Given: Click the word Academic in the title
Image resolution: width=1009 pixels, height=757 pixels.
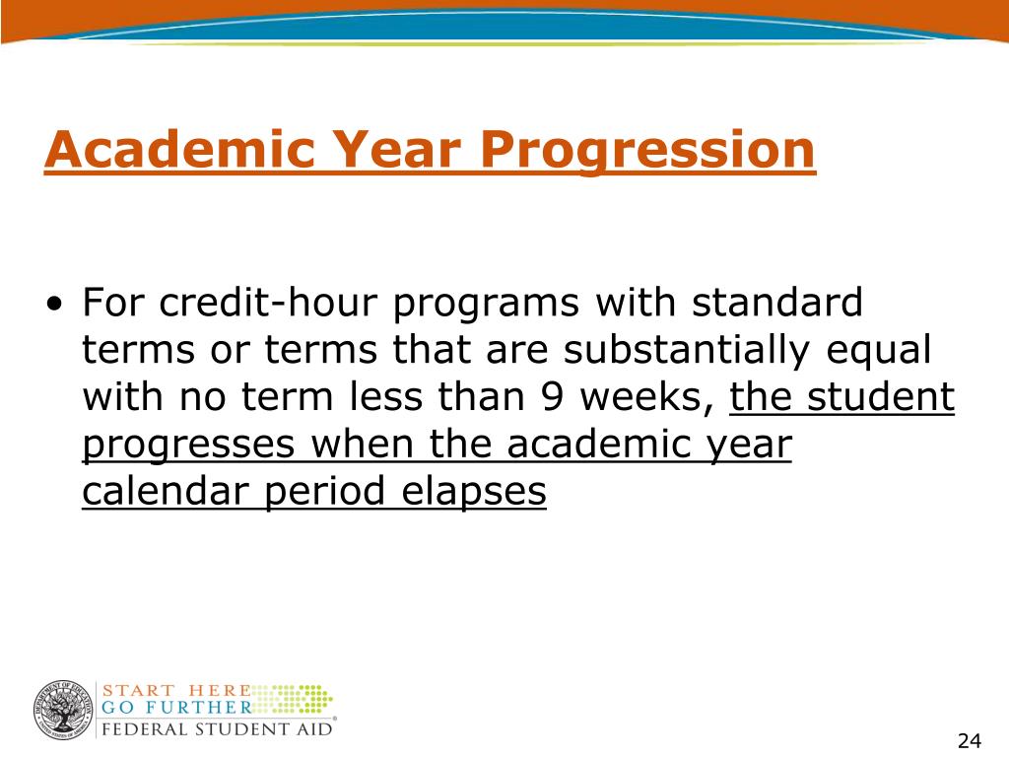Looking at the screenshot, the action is [179, 149].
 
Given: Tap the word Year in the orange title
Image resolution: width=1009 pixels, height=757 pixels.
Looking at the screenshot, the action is [398, 149].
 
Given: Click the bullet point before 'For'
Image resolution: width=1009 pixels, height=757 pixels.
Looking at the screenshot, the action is [55, 304].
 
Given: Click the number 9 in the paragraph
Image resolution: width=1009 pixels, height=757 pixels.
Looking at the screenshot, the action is [552, 397].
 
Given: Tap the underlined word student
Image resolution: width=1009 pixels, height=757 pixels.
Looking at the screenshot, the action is [881, 396].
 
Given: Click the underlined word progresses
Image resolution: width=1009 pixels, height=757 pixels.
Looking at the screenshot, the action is [188, 446].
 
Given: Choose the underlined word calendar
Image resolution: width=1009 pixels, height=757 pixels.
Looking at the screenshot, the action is [166, 491].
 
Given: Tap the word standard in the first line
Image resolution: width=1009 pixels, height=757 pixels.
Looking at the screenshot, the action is [777, 302].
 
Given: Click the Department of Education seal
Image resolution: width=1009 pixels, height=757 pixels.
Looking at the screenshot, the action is [63, 711].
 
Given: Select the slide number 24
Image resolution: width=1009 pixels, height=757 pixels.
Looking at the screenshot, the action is [970, 741].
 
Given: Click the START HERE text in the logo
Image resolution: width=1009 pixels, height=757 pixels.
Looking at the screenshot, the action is [176, 690].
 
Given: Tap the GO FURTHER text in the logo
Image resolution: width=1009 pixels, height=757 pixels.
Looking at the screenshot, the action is [176, 708].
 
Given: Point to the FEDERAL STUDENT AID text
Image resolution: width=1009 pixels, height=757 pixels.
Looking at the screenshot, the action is [217, 729].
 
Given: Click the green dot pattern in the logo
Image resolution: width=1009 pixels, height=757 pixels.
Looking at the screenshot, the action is [294, 699].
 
